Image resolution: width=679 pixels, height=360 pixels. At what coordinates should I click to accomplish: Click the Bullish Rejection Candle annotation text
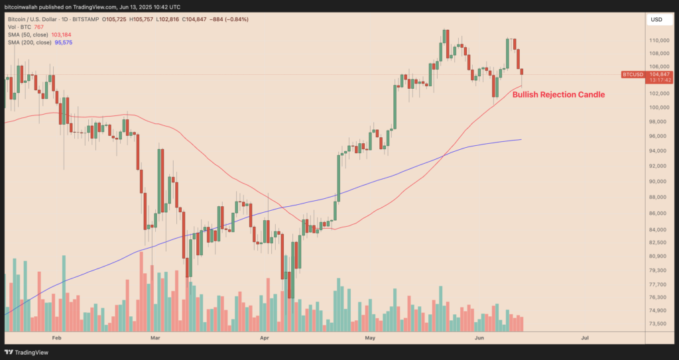[558, 95]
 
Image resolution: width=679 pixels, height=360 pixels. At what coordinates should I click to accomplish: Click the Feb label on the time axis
[56, 337]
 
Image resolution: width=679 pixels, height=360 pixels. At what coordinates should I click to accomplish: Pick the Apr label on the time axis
[265, 337]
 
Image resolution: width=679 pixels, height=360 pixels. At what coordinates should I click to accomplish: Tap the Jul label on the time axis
[585, 337]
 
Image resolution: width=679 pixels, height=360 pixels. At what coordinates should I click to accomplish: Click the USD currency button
[657, 20]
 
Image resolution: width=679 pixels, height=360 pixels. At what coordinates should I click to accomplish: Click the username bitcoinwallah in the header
[24, 5]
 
